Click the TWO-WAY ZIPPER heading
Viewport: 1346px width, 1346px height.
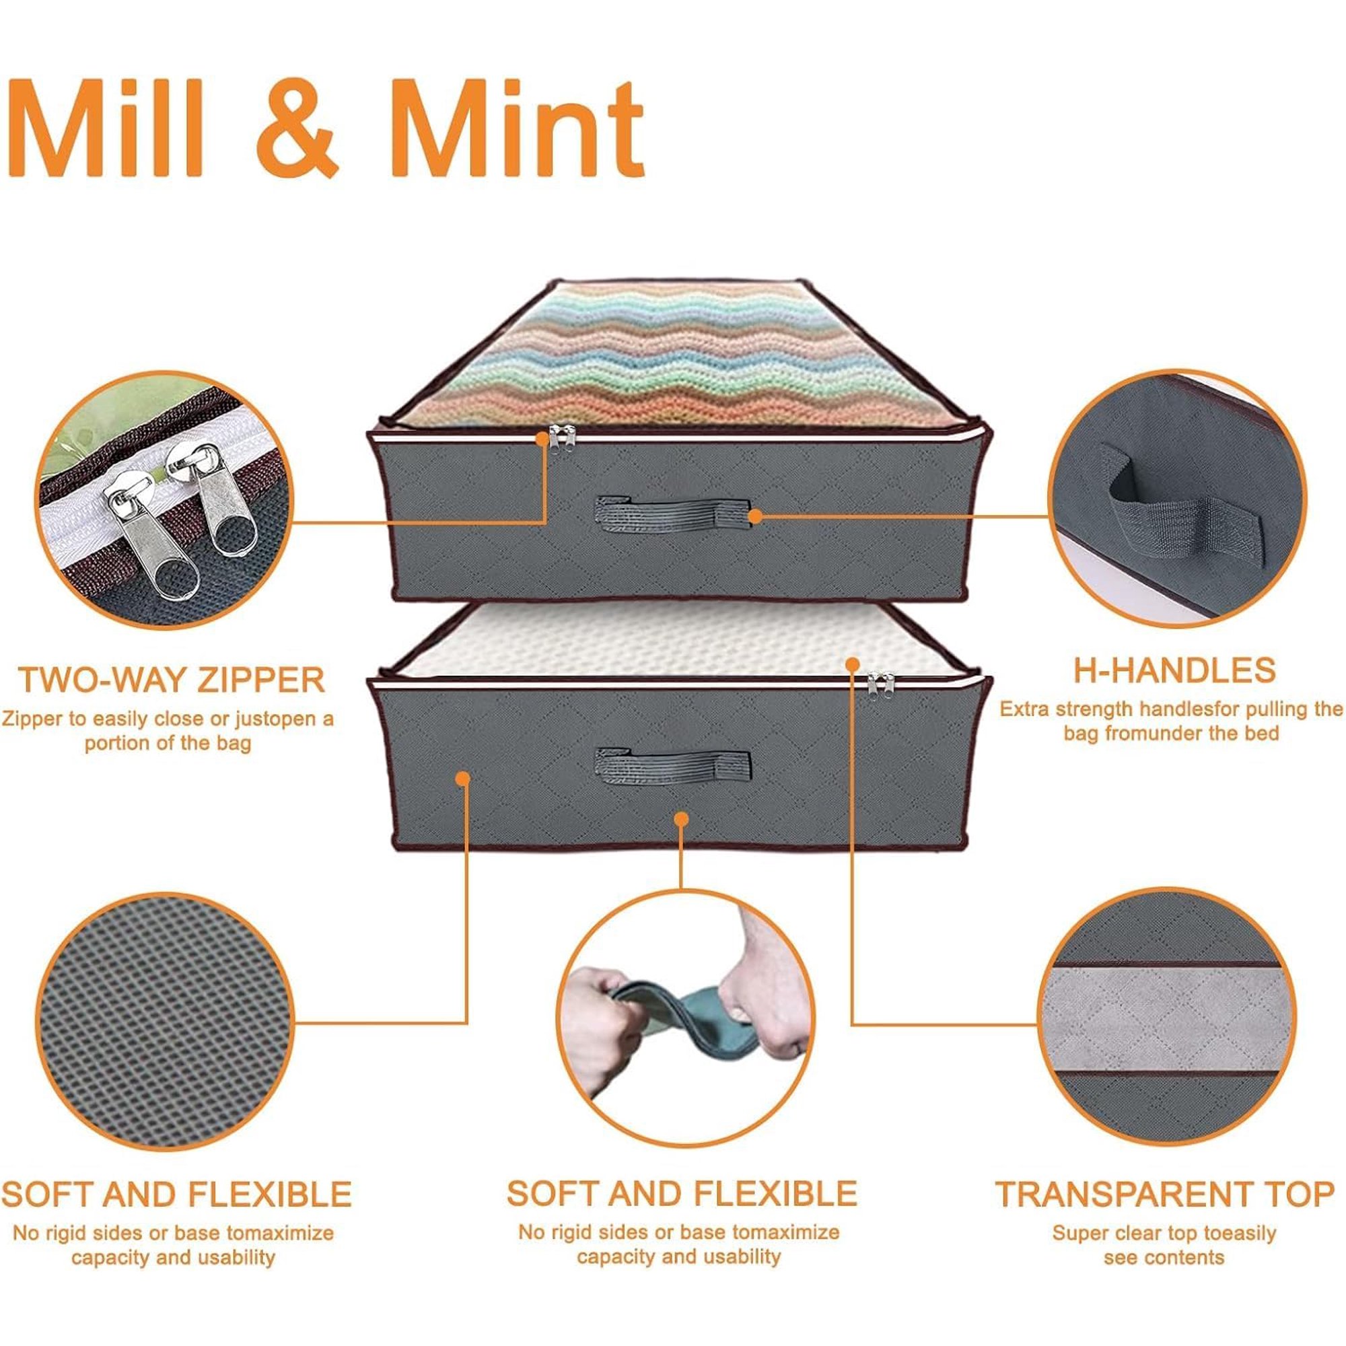172,680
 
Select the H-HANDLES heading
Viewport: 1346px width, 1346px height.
1174,670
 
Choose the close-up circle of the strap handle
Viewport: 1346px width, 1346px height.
1177,496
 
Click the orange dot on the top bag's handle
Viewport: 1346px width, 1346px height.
754,516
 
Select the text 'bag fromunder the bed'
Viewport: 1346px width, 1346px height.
1172,732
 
